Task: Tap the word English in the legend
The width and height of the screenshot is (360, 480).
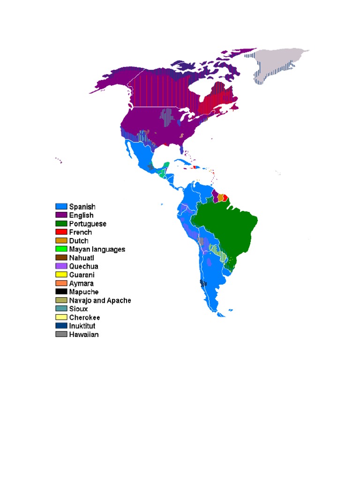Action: click(x=81, y=215)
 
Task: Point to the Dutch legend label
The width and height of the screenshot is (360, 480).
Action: click(x=79, y=240)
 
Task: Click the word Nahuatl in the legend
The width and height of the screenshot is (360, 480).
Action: click(x=82, y=257)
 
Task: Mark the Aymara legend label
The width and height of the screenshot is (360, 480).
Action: click(x=81, y=283)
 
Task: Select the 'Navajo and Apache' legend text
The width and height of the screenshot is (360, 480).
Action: click(x=100, y=300)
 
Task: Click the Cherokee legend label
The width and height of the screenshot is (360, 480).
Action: click(x=84, y=317)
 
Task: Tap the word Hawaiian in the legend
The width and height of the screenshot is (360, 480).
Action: click(x=84, y=335)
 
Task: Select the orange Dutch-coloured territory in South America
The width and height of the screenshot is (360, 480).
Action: click(x=220, y=198)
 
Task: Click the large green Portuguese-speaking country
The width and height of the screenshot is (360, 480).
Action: click(x=225, y=230)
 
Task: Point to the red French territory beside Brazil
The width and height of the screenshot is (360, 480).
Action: click(x=225, y=198)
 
